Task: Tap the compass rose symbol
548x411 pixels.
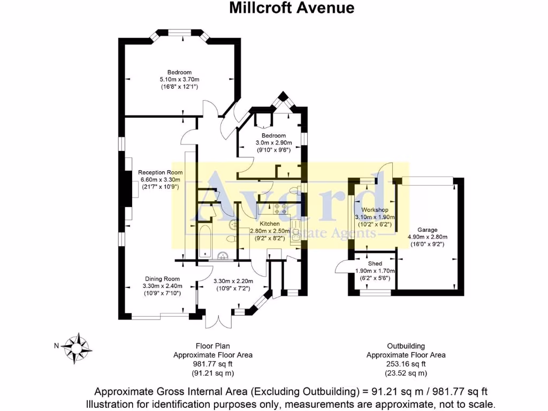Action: [x=77, y=347]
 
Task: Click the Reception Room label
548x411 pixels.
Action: [x=161, y=172]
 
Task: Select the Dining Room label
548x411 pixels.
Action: [x=162, y=279]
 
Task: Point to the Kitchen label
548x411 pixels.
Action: [x=270, y=223]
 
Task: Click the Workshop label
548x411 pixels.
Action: [x=374, y=209]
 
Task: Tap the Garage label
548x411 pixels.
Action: [x=428, y=230]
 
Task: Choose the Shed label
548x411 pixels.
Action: [x=375, y=264]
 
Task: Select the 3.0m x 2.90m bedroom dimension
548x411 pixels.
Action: [x=273, y=143]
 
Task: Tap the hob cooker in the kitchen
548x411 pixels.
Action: [x=281, y=209]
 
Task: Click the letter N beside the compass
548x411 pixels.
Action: [x=56, y=346]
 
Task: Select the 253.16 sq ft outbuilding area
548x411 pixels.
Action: [x=405, y=364]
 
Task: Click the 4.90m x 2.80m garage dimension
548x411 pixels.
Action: [x=428, y=237]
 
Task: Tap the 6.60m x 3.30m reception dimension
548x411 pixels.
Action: [x=161, y=180]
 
